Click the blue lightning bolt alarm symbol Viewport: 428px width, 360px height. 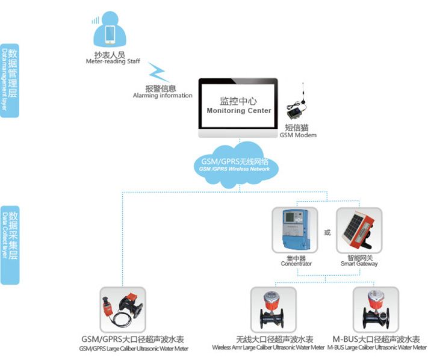pos(158,73)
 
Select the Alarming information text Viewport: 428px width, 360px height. pos(163,96)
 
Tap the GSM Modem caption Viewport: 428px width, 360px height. pos(298,135)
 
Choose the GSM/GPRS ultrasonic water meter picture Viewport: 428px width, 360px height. pos(122,309)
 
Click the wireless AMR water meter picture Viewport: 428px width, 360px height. pos(274,309)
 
